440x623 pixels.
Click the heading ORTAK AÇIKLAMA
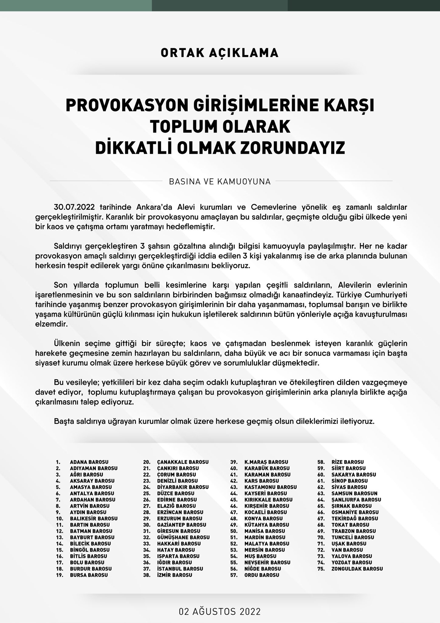point(219,53)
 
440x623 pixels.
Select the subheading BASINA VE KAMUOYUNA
point(219,182)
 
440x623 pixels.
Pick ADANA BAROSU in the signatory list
point(89,462)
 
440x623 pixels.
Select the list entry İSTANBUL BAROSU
point(180,569)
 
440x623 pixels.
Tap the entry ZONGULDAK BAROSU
point(357,569)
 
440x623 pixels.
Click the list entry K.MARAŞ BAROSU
point(266,462)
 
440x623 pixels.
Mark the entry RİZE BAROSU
point(348,462)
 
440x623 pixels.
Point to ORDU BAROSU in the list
point(262,575)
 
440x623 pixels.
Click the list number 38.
point(147,575)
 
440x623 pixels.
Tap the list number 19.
point(60,575)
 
